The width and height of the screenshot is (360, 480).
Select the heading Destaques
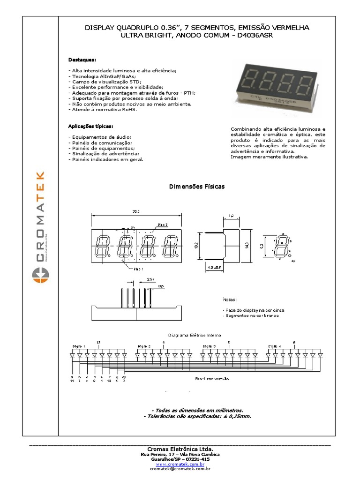82,60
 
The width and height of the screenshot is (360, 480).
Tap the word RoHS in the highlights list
130,110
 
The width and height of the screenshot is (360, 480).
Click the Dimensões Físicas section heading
196,187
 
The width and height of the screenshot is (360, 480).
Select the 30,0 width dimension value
136,212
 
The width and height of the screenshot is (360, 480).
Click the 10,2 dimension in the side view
197,244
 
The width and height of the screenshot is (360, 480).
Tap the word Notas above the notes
229,300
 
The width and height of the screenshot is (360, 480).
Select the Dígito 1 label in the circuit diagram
78,346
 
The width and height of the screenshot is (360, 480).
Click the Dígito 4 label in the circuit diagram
275,346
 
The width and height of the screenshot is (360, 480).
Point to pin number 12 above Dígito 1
98,342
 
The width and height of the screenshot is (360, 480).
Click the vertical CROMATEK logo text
40,216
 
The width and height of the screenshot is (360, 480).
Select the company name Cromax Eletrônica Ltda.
180,449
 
